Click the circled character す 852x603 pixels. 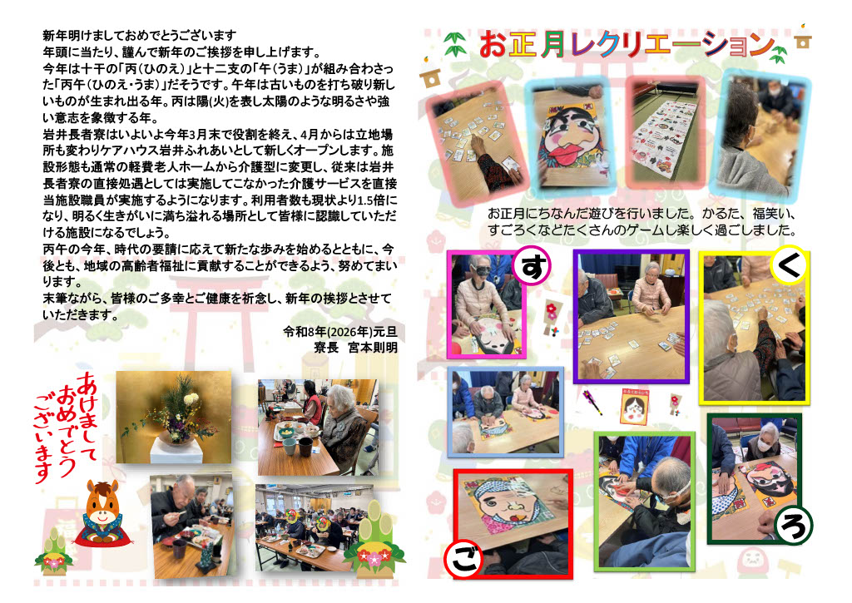[532, 265]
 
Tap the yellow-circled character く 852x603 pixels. [790, 264]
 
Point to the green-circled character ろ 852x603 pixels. [794, 525]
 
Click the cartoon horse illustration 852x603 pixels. [103, 513]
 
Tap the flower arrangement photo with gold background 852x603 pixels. [173, 418]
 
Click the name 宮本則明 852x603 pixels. [373, 348]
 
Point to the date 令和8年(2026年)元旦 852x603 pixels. [340, 331]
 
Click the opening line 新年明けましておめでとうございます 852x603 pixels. [140, 36]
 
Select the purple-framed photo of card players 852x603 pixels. [631, 316]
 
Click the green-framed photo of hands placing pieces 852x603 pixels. [645, 501]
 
